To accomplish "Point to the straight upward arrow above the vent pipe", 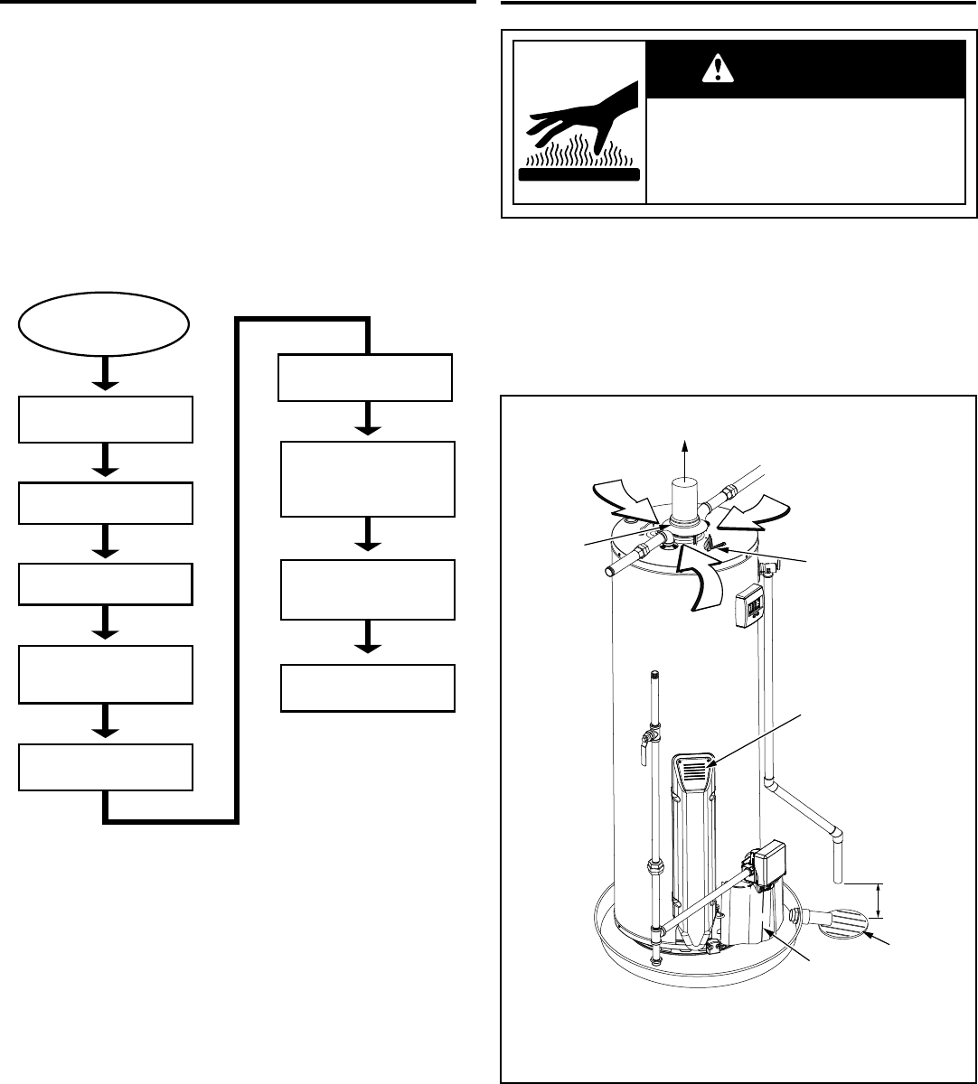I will point(684,456).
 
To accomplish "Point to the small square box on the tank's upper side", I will point(749,599).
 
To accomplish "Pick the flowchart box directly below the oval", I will point(106,418).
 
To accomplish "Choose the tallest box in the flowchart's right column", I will point(366,479).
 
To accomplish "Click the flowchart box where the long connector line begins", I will point(106,769).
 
